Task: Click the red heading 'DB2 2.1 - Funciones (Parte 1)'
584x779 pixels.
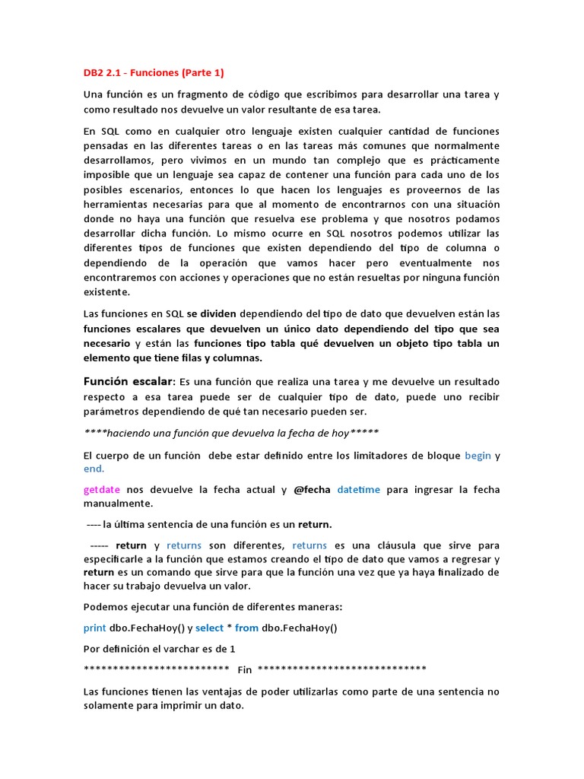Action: coord(154,73)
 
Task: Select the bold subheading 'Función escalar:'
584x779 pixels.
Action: coord(129,381)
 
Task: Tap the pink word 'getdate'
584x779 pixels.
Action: coord(102,490)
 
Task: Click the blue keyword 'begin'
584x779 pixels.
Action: coord(478,455)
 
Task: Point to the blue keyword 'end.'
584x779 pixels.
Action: coord(94,469)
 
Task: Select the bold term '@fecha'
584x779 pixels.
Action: coord(311,490)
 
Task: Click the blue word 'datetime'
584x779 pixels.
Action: coord(358,490)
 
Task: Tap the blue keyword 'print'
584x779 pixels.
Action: coord(95,628)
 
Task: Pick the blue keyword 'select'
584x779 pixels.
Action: coord(210,628)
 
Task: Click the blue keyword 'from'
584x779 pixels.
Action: coord(246,628)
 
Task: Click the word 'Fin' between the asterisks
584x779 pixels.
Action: coord(244,669)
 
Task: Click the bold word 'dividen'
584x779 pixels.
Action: coord(218,313)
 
